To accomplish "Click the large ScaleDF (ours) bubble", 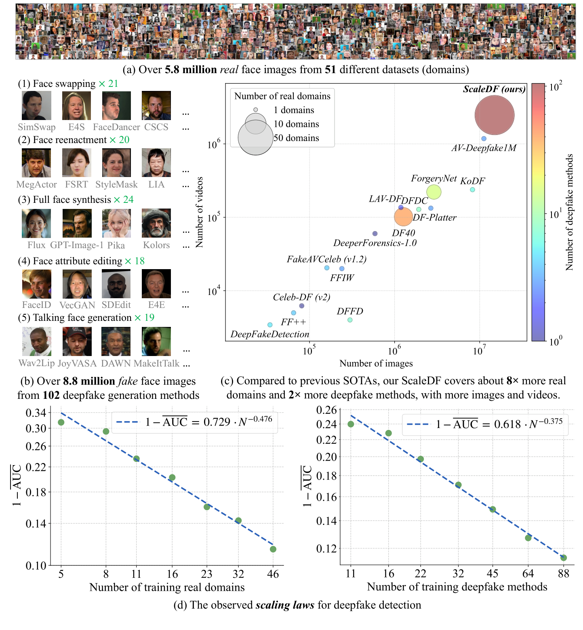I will click(x=494, y=115).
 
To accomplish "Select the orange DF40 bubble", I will click(x=403, y=217).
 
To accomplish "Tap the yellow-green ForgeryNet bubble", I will click(x=434, y=192).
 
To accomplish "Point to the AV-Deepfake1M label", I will click(x=484, y=148).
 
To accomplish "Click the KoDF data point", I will click(x=472, y=190).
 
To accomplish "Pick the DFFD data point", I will click(x=350, y=320).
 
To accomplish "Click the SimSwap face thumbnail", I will click(x=36, y=105).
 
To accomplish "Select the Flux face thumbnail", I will click(x=36, y=223).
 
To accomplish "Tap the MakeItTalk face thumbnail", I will click(x=156, y=341).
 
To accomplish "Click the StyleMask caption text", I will click(x=116, y=185).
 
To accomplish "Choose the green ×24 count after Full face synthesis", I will click(x=123, y=200).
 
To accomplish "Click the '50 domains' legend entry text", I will click(x=296, y=138).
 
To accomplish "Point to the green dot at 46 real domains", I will click(x=273, y=549).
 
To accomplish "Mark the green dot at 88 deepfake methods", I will click(x=563, y=558).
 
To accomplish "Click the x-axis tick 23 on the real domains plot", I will click(x=207, y=574).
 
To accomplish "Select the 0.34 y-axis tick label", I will click(x=36, y=413).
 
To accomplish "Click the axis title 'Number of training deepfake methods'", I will click(x=457, y=587).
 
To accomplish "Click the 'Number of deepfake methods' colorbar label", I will click(x=569, y=212).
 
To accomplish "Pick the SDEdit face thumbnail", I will click(x=116, y=284).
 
